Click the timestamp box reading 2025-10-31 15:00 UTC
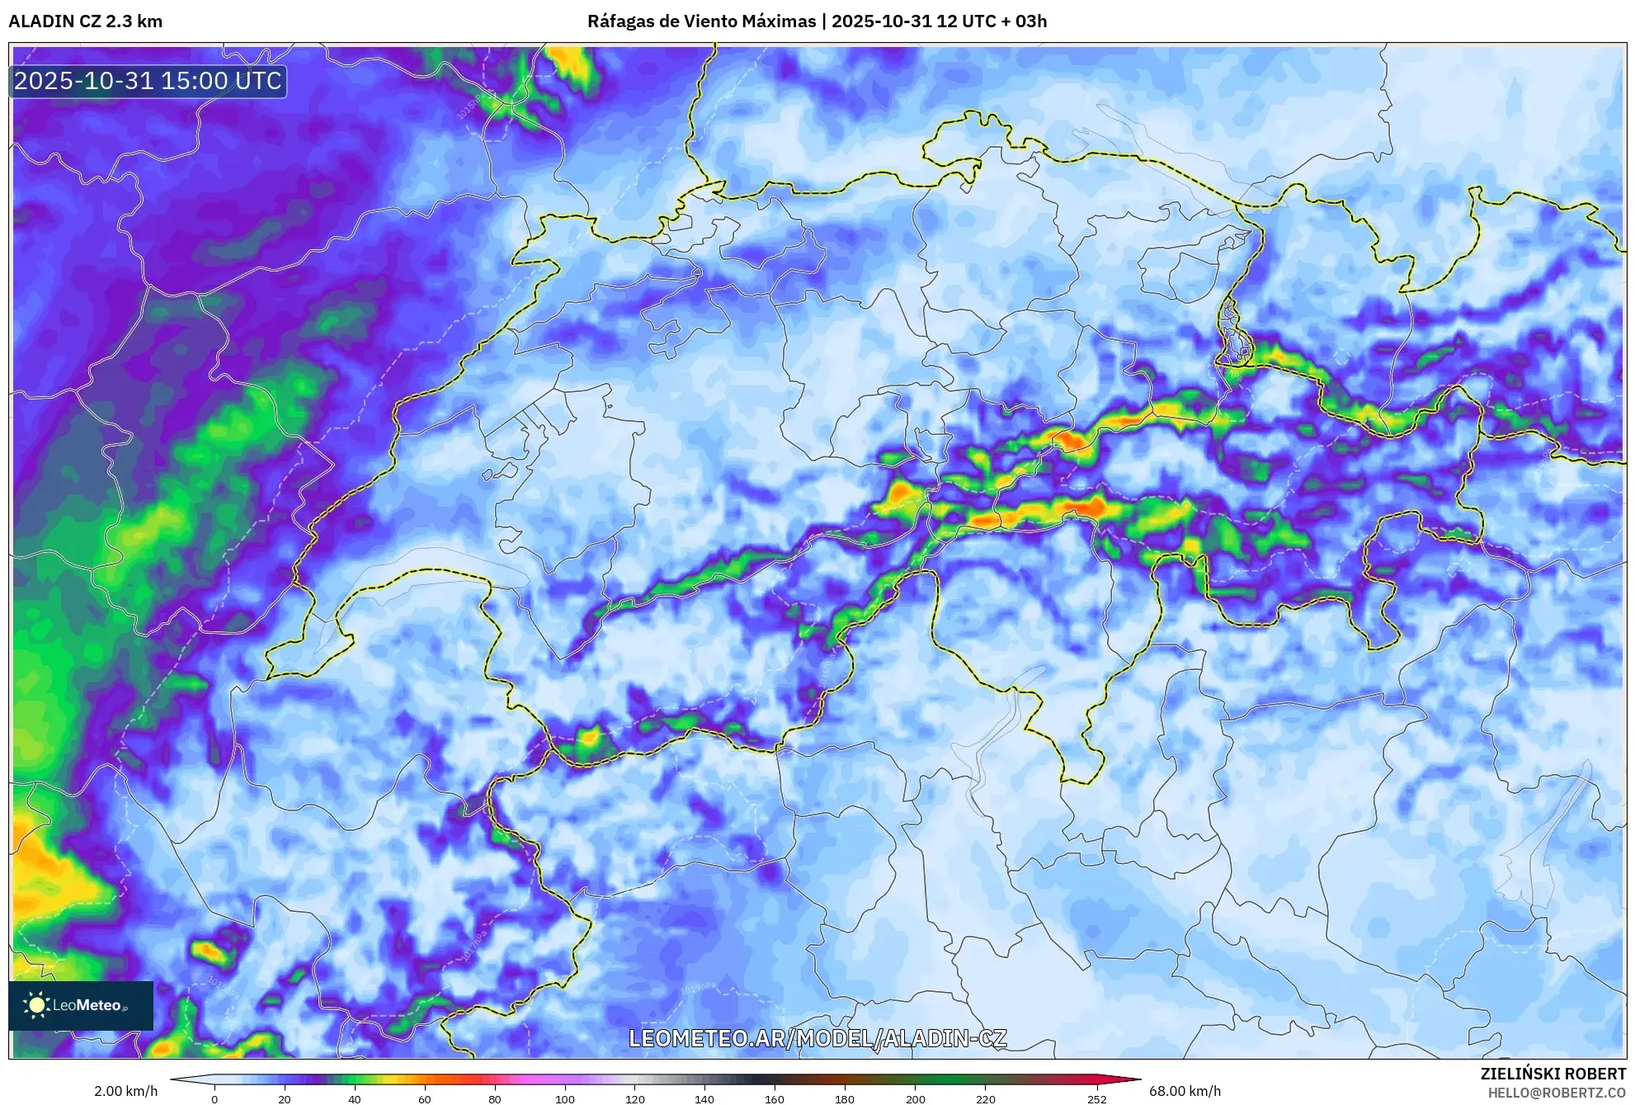click(148, 81)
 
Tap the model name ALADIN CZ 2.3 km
click(86, 21)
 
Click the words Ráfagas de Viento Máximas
click(701, 21)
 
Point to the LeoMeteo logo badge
click(81, 1005)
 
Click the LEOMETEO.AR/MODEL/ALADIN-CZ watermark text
click(817, 1038)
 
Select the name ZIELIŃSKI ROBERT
click(1553, 1074)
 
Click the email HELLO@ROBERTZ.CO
click(1557, 1093)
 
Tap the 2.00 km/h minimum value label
click(125, 1091)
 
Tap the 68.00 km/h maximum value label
click(1185, 1091)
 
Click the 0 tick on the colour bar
click(214, 1098)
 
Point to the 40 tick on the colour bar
click(355, 1098)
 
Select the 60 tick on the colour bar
click(425, 1098)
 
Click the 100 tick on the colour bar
click(565, 1098)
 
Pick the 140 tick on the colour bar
click(704, 1098)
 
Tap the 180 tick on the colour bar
click(845, 1098)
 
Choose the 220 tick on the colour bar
click(985, 1098)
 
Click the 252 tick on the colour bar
click(1097, 1098)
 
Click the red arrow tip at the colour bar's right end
click(1134, 1079)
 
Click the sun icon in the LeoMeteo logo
click(36, 1005)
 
